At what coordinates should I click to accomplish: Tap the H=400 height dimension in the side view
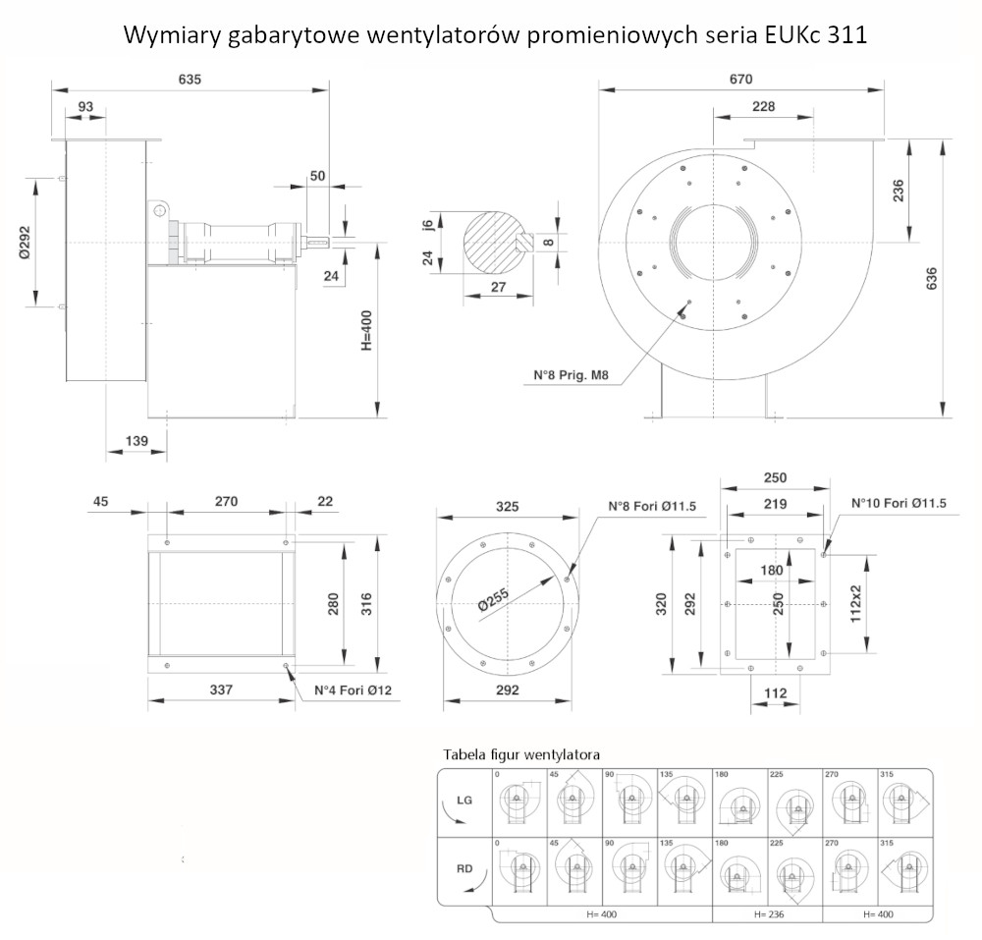click(365, 331)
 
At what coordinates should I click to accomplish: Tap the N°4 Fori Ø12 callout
click(353, 691)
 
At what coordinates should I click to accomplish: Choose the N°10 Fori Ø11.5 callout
click(899, 505)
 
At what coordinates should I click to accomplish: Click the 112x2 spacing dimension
click(855, 602)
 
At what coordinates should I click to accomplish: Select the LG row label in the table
click(465, 801)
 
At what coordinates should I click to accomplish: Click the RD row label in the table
click(465, 867)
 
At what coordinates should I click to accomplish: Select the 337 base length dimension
click(221, 691)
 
